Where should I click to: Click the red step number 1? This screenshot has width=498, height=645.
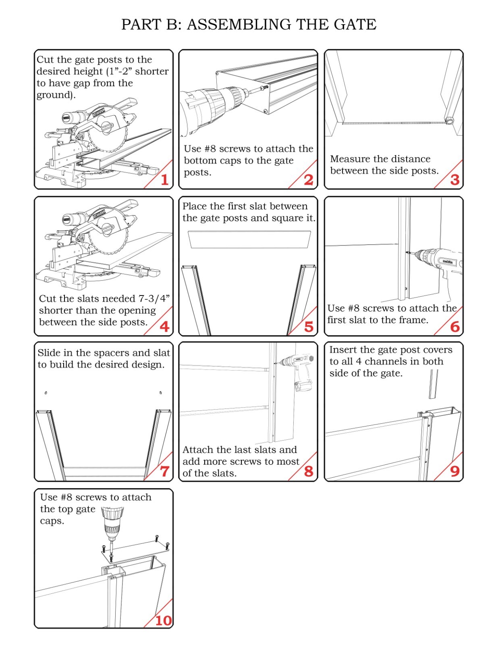[x=165, y=180]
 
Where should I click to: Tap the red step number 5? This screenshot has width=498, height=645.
[x=309, y=327]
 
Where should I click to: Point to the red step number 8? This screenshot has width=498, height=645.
[x=309, y=471]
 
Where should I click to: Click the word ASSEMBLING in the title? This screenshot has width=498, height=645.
[x=239, y=24]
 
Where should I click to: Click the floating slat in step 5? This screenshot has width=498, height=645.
[x=249, y=239]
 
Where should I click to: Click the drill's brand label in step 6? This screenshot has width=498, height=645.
[x=448, y=262]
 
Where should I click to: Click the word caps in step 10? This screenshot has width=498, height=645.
[x=52, y=521]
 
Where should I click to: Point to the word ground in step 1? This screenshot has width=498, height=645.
[x=55, y=95]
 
